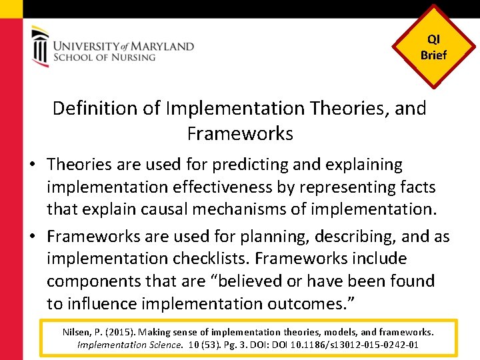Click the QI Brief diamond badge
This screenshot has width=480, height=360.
click(433, 47)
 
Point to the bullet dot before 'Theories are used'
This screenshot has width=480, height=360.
click(37, 165)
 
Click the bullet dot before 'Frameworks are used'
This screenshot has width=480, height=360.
click(37, 237)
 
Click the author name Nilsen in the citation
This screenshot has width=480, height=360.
click(76, 331)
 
